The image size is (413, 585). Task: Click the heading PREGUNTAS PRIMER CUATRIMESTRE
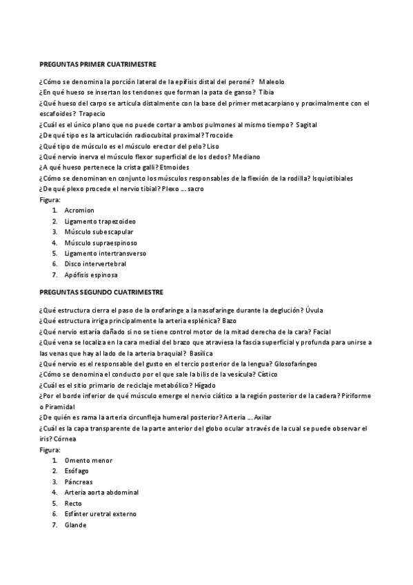click(97, 63)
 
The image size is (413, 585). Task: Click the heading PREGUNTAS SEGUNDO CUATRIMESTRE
click(101, 292)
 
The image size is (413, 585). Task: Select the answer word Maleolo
click(272, 81)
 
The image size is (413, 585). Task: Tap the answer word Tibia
click(266, 92)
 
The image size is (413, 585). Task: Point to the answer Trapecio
click(93, 113)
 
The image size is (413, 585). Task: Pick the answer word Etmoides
click(172, 167)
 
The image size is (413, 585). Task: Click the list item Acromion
click(79, 210)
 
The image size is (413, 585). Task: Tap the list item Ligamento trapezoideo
click(100, 221)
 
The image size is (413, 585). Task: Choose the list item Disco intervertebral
click(95, 264)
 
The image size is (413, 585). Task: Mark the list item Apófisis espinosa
click(91, 275)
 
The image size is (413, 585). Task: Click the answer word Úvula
click(314, 310)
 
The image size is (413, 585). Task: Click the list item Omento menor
click(88, 460)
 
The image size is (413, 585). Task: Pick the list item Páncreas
click(79, 482)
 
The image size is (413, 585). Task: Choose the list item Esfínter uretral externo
click(101, 514)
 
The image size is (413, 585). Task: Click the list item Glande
click(76, 524)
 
